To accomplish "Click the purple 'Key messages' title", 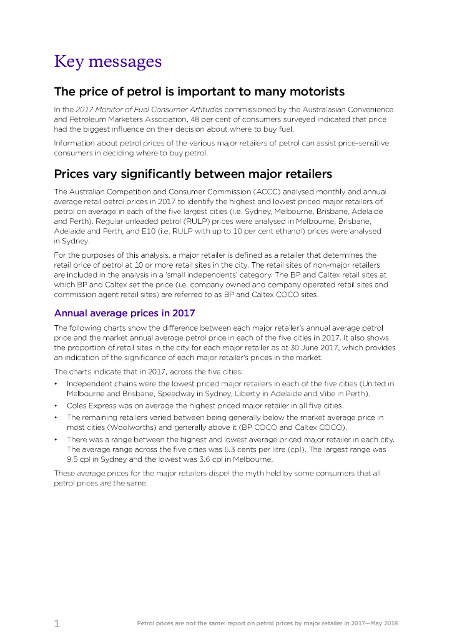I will coord(107,62).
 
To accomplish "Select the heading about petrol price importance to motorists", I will coord(199,92).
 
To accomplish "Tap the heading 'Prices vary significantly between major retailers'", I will coord(193,173).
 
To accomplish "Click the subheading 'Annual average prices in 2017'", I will coord(124,313).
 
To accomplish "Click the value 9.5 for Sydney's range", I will coord(72,459).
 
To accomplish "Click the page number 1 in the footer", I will coord(57,623).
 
